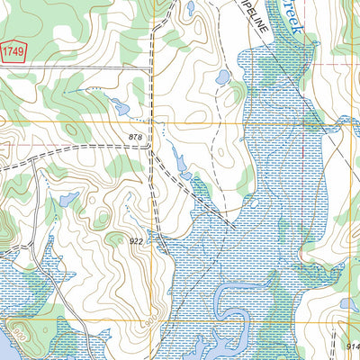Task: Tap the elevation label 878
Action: click(x=135, y=137)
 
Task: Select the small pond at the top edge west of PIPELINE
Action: click(x=190, y=9)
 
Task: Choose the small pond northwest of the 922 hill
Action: click(x=67, y=197)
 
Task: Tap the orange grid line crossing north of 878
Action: click(x=153, y=120)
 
